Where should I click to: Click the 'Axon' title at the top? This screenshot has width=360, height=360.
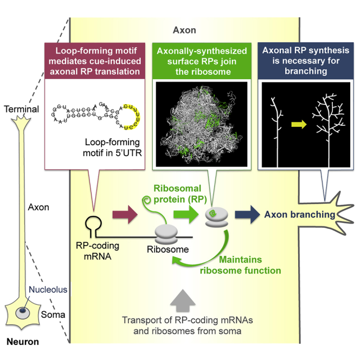pyautogui.click(x=184, y=31)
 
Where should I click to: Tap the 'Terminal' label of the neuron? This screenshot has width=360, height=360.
pyautogui.click(x=21, y=109)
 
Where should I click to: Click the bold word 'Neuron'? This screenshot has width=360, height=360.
pyautogui.click(x=22, y=343)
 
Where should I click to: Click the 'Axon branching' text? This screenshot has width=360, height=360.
pyautogui.click(x=300, y=215)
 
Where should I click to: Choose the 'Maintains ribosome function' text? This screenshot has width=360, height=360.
pyautogui.click(x=249, y=265)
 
